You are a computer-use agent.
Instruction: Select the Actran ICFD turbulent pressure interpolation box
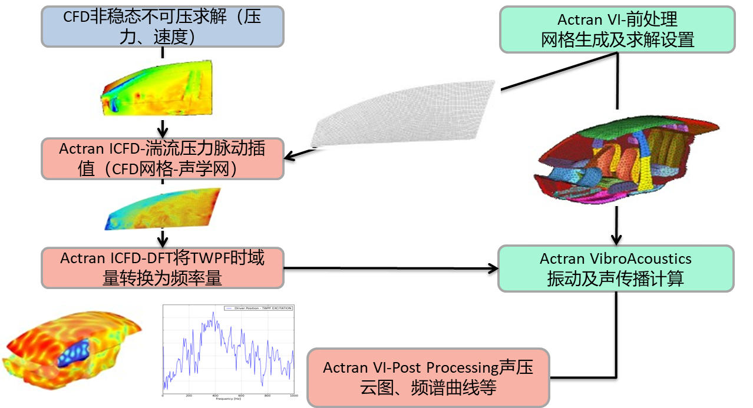(x=162, y=158)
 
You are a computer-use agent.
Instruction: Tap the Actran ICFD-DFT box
(x=162, y=268)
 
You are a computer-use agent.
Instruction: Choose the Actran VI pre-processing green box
(x=617, y=29)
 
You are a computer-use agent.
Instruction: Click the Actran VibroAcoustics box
(x=616, y=268)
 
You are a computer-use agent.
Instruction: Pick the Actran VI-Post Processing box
(x=428, y=377)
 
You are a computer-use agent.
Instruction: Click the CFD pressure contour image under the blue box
(x=156, y=89)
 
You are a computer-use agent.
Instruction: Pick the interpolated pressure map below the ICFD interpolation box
(x=163, y=207)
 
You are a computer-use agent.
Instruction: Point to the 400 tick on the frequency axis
(x=214, y=395)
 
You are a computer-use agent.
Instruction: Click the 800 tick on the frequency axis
(x=267, y=395)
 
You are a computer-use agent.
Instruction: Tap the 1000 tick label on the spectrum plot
(x=292, y=395)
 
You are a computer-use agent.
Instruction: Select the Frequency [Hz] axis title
(x=229, y=399)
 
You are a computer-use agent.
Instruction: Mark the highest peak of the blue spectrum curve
(x=213, y=313)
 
